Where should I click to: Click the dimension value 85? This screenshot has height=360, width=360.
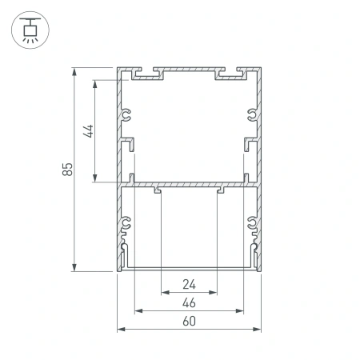(x=68, y=169)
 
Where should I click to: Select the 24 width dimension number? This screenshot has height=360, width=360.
(x=189, y=283)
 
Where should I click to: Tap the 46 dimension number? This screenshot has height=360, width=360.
(x=189, y=302)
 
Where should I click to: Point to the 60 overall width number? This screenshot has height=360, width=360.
(x=189, y=322)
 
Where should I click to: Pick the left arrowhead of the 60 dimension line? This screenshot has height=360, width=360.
(x=121, y=329)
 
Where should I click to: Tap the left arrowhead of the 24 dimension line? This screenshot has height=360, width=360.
(x=164, y=291)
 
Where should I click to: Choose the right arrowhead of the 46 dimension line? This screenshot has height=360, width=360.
(x=242, y=310)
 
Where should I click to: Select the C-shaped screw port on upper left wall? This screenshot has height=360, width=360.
(x=126, y=114)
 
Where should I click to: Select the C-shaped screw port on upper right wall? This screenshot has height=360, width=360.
(x=252, y=114)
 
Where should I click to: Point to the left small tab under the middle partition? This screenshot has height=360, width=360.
(x=159, y=190)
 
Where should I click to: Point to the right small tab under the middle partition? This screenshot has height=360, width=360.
(x=219, y=190)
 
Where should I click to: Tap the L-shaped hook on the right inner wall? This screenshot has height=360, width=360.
(x=248, y=146)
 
